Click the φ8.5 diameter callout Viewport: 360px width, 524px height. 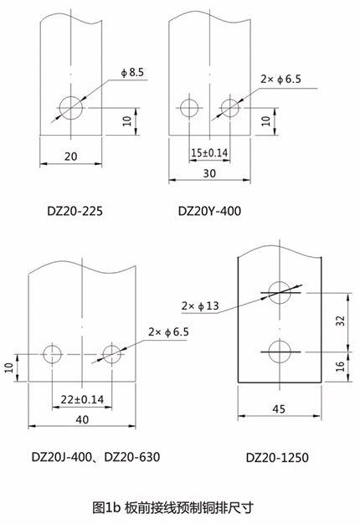[x=132, y=73]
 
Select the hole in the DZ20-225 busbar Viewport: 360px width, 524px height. [x=71, y=108]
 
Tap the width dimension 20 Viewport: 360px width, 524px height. [x=70, y=157]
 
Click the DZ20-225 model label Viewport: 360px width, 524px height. [x=75, y=211]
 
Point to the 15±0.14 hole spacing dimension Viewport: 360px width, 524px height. [x=209, y=152]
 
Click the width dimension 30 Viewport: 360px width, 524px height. [x=209, y=173]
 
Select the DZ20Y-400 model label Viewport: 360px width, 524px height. [x=209, y=211]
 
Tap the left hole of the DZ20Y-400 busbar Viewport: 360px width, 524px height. [x=189, y=108]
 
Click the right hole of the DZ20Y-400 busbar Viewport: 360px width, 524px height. [x=230, y=108]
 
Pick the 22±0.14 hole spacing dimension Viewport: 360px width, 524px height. [x=82, y=399]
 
